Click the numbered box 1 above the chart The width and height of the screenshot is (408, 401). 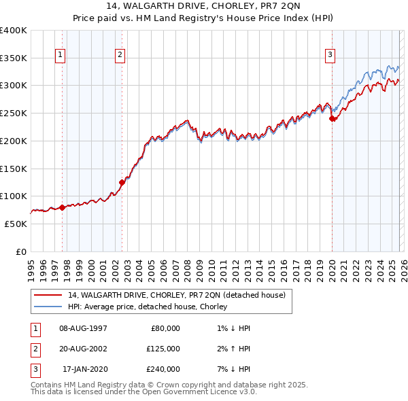[61, 56]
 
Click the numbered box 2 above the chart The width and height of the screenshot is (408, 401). [120, 56]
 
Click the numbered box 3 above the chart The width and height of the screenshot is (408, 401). [330, 56]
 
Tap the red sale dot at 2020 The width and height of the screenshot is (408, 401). [333, 118]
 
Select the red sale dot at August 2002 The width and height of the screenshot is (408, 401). [122, 182]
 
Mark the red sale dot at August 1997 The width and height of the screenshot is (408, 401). [62, 207]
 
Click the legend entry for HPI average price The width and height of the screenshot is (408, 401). [147, 307]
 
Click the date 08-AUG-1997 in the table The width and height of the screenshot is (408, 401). [84, 328]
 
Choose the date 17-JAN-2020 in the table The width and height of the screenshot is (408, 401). [84, 369]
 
